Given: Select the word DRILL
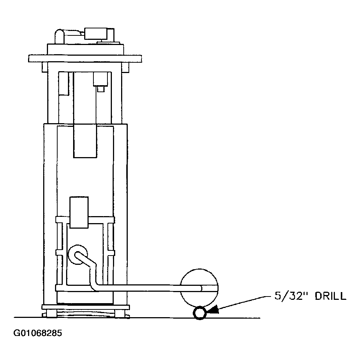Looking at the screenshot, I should (x=330, y=296).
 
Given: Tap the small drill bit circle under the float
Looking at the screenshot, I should (x=199, y=313).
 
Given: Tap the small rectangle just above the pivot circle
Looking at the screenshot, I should (x=79, y=212).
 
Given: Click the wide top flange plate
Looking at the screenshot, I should (x=85, y=58).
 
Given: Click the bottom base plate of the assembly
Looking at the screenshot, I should (x=86, y=307).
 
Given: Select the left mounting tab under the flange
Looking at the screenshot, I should (x=45, y=67).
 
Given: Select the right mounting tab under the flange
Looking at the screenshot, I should (x=125, y=67).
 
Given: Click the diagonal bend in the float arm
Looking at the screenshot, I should (x=89, y=264).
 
